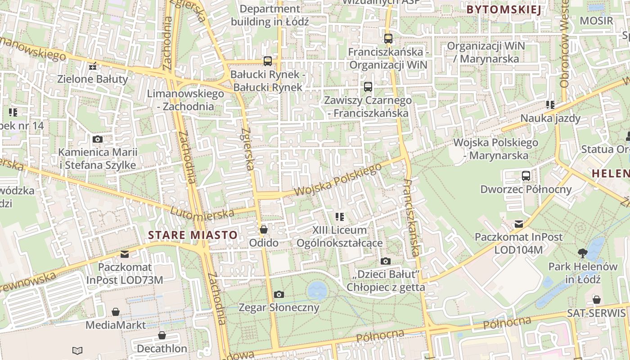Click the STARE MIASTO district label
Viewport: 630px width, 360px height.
point(193,235)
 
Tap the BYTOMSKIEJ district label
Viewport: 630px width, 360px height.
point(503,9)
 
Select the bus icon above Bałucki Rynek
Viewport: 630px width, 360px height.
point(268,61)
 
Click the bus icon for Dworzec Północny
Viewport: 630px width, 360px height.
point(526,175)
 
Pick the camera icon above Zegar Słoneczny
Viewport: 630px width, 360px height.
point(279,294)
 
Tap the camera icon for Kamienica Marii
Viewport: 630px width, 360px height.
point(97,139)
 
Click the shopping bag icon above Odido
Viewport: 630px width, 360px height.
point(264,229)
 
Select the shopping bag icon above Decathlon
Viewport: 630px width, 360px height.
point(162,335)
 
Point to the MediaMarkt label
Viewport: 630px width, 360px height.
point(116,325)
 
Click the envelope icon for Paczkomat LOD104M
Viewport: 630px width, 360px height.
point(519,224)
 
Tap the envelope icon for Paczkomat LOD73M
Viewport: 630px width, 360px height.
point(125,254)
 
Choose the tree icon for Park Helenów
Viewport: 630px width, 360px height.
point(583,253)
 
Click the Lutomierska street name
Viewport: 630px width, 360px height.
point(202,212)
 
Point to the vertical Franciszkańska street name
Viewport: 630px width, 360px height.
point(411,218)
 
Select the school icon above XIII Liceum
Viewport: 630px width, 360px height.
point(340,217)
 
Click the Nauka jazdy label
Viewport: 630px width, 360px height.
point(550,118)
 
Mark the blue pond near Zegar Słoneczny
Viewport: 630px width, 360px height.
point(318,290)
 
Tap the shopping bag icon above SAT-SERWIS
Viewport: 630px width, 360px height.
point(596,300)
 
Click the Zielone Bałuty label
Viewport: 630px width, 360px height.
point(93,79)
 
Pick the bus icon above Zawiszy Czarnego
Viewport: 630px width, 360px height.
point(368,86)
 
